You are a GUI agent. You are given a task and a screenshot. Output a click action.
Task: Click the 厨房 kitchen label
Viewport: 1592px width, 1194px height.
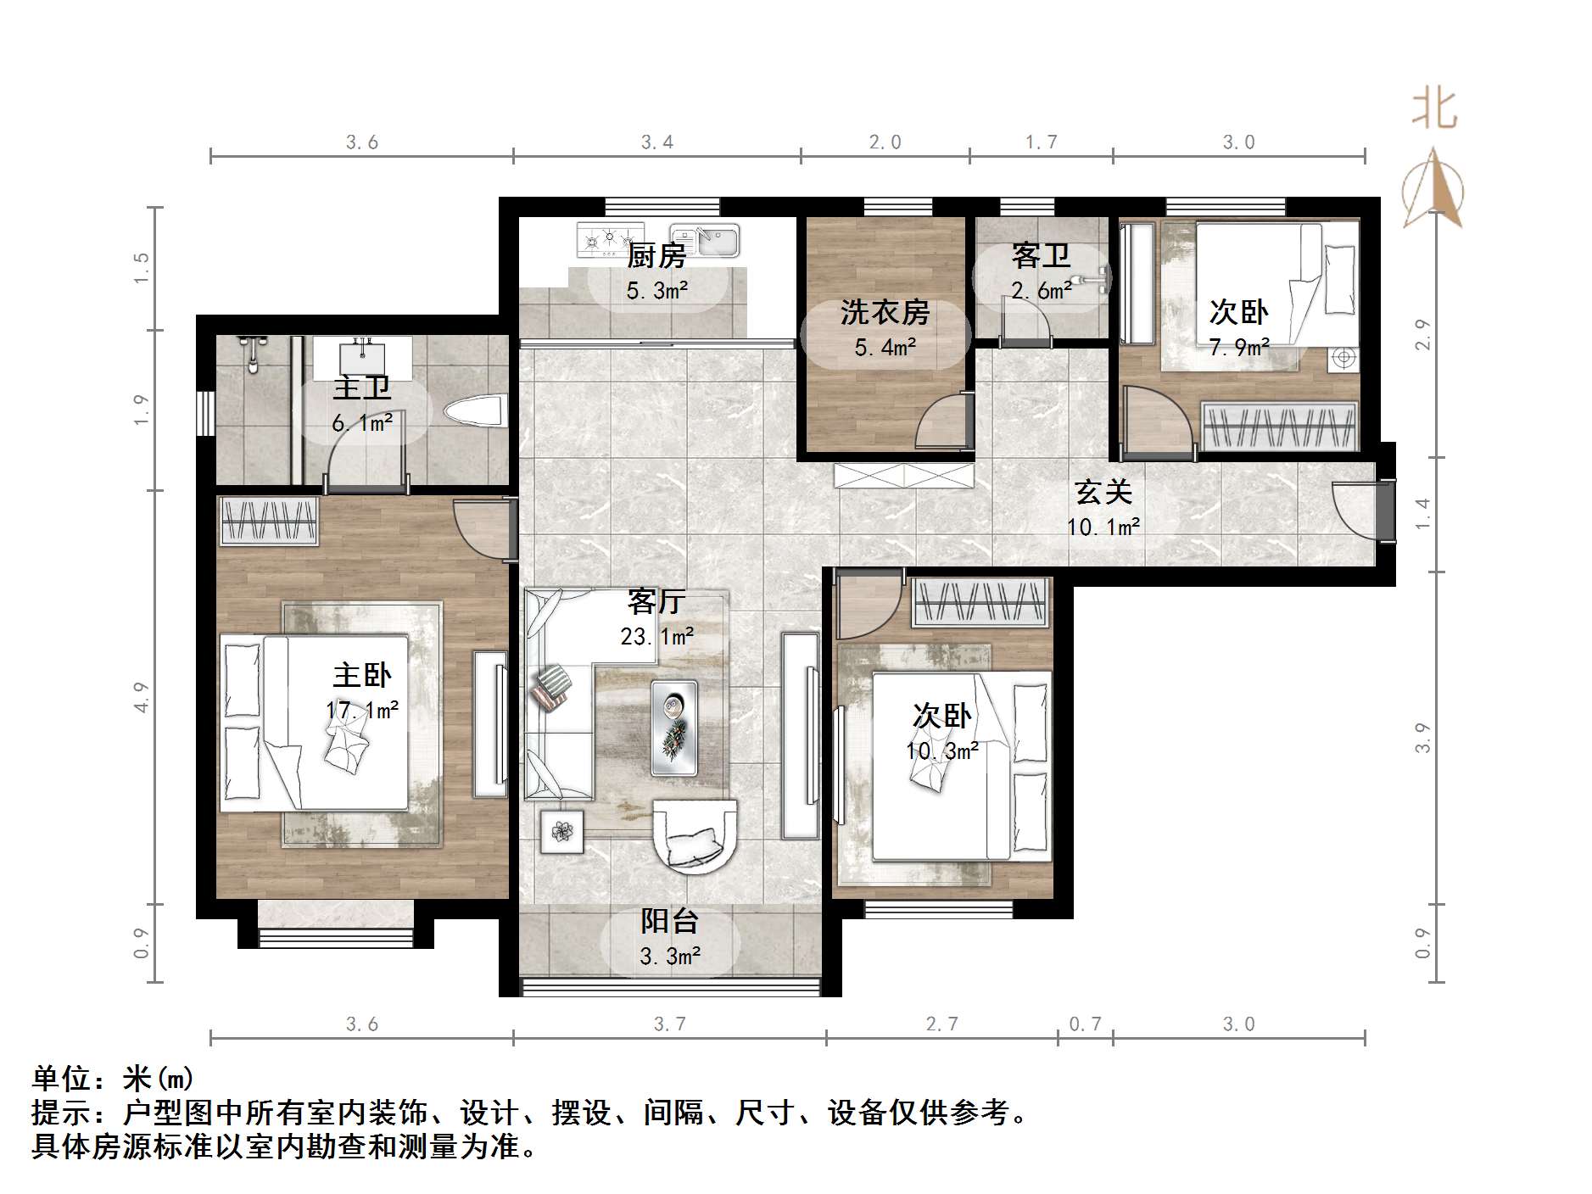(656, 255)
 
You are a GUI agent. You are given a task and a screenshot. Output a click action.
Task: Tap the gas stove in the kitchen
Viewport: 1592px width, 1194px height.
(610, 239)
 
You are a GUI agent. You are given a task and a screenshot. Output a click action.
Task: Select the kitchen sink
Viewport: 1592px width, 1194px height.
(704, 239)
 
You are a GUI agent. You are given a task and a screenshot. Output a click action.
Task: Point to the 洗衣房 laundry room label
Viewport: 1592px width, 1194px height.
(885, 313)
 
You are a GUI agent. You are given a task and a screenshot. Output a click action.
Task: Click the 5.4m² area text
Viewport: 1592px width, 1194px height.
(885, 347)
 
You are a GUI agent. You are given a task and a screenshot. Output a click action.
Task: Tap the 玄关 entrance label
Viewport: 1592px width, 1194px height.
(1103, 493)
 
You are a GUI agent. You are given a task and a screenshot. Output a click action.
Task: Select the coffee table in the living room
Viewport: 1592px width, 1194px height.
(674, 728)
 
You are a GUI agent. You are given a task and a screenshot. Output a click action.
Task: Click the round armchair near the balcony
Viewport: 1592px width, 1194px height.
(695, 835)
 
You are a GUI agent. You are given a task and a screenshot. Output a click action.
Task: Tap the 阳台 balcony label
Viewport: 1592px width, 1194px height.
(669, 922)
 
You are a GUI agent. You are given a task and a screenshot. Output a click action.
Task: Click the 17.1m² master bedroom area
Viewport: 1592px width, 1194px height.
(362, 711)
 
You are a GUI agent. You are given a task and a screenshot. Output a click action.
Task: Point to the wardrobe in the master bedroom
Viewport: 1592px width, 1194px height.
(269, 521)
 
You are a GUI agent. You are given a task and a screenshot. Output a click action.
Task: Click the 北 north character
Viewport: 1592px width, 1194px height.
(1433, 109)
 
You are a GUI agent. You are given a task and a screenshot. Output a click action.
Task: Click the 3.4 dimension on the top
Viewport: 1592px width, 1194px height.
(657, 142)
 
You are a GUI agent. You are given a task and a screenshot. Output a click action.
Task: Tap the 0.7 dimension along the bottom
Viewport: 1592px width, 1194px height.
(1085, 1024)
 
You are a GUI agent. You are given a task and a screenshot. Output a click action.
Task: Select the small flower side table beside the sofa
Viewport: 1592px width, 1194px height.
(561, 832)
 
